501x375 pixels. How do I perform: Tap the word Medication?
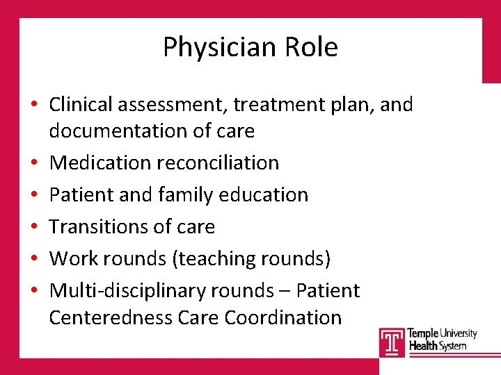[x=100, y=162]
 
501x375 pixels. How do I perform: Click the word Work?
[x=74, y=258]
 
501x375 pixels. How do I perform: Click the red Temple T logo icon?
[x=392, y=342]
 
